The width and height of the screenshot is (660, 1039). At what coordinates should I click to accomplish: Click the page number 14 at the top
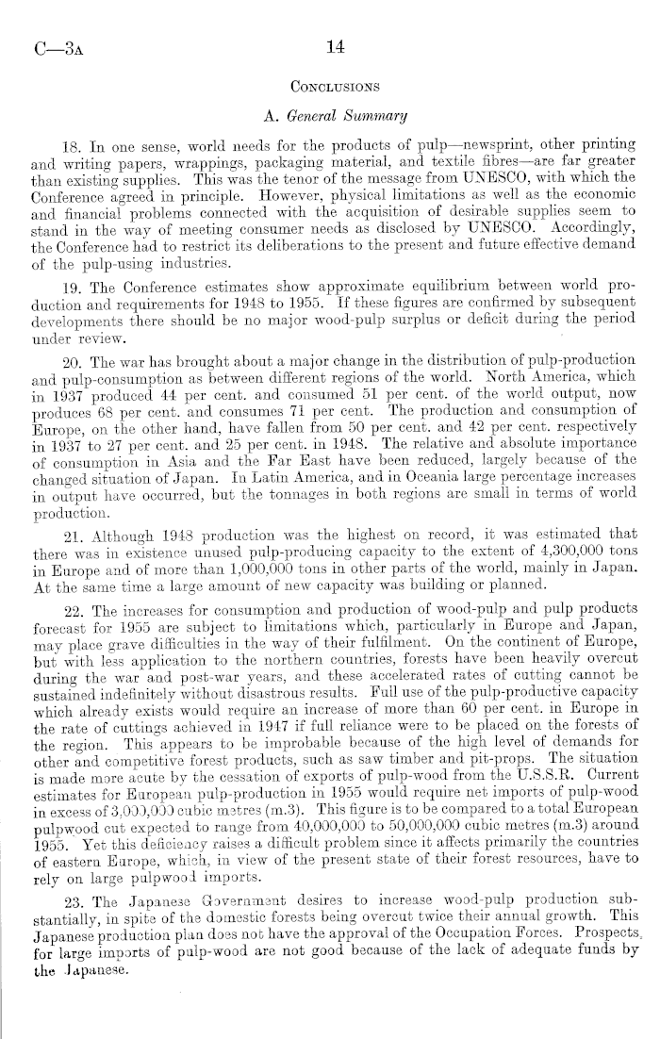(x=329, y=45)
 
